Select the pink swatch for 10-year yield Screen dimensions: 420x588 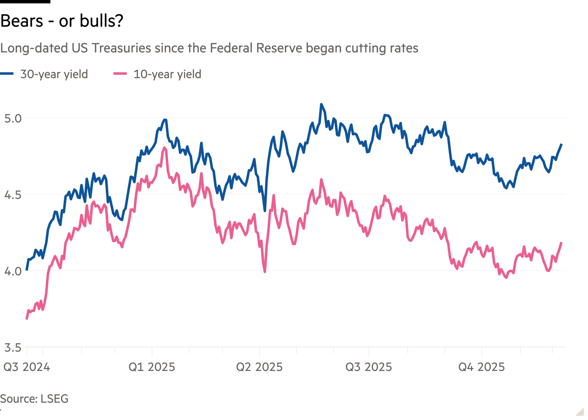tap(120, 74)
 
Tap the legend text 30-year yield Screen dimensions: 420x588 tap(53, 74)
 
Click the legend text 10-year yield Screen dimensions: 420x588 tap(167, 74)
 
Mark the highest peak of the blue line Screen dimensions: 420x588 tap(321, 104)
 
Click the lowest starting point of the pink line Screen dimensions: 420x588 tap(26, 320)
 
